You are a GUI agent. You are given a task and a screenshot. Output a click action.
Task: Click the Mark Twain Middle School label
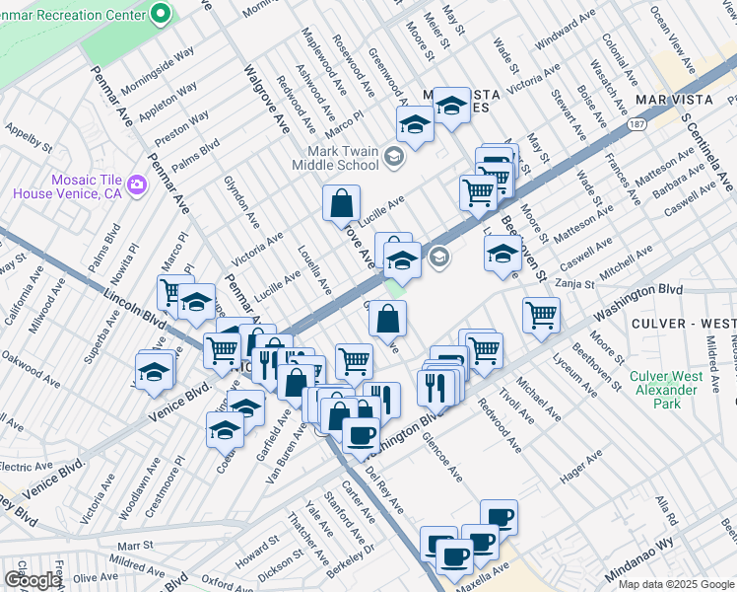[x=344, y=158]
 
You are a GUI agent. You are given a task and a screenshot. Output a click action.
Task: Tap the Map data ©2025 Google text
[x=676, y=584]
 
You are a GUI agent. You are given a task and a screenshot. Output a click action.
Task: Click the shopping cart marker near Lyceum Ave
[x=541, y=316]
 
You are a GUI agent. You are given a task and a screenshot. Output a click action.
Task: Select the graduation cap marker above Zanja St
[x=502, y=255]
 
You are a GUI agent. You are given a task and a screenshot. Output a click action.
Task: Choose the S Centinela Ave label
[x=707, y=147]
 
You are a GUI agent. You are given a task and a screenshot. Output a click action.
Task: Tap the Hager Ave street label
[x=581, y=470]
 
